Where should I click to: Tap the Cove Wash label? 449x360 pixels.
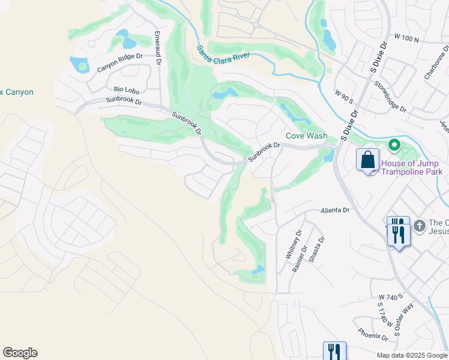(x=306, y=136)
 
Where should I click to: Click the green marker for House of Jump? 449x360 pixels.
(x=394, y=145)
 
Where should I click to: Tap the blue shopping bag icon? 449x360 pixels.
(x=367, y=161)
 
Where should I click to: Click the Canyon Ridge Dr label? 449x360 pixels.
(x=120, y=63)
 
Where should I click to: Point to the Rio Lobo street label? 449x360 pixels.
(x=126, y=90)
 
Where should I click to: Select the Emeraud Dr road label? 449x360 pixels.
(x=158, y=48)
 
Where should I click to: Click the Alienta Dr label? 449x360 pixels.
(x=334, y=211)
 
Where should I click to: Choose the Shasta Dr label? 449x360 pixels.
(x=316, y=249)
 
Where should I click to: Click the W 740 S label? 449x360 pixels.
(x=390, y=297)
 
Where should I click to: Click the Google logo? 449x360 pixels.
(x=20, y=353)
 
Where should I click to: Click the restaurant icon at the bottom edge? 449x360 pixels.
(x=334, y=352)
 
